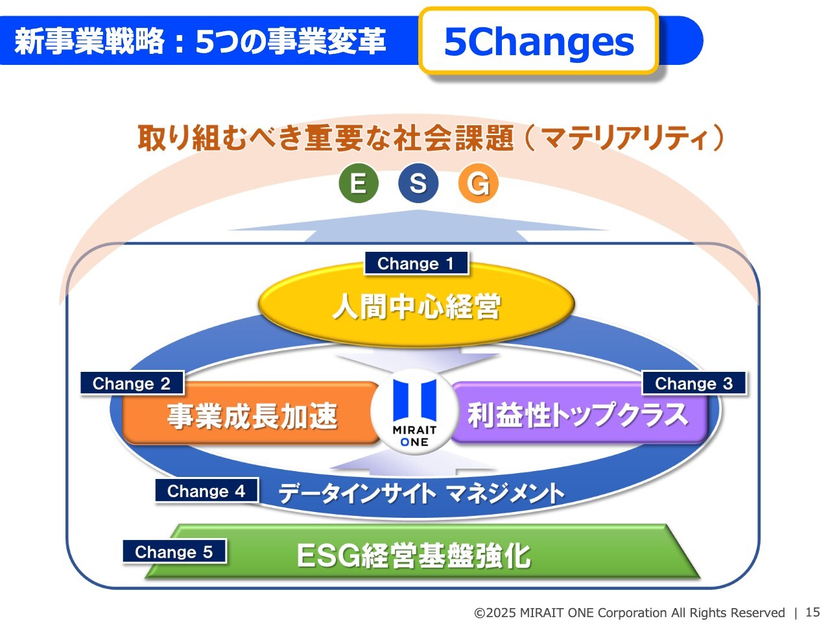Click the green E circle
click(358, 183)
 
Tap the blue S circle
click(418, 183)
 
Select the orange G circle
click(478, 183)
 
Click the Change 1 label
click(416, 263)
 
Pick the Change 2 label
click(132, 383)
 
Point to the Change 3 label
click(694, 383)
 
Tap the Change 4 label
click(206, 491)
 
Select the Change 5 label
click(174, 552)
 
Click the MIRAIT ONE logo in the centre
click(415, 411)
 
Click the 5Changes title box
click(539, 41)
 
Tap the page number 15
click(812, 612)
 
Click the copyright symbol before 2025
click(479, 613)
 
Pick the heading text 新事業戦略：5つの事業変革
click(200, 41)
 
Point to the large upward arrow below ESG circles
click(418, 226)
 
